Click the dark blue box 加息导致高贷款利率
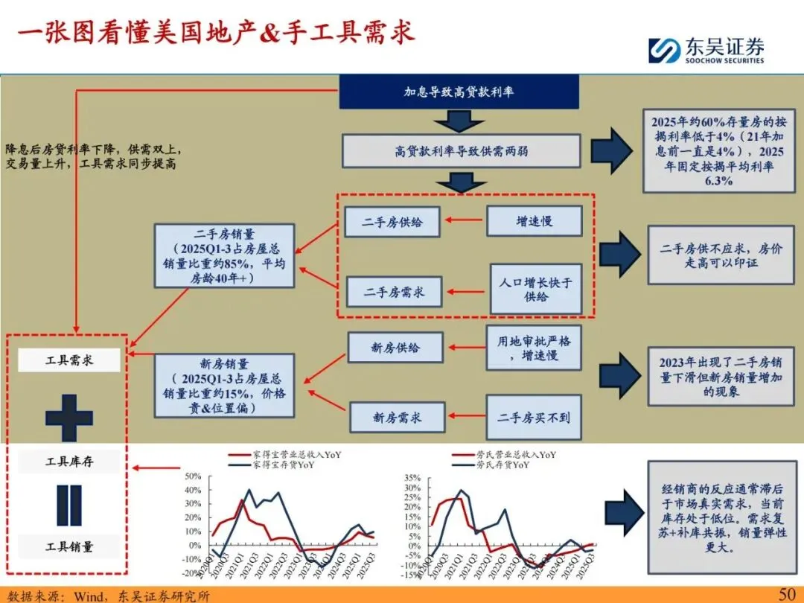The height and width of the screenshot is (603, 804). pyautogui.click(x=459, y=92)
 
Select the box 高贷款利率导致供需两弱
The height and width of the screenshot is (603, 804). pyautogui.click(x=461, y=151)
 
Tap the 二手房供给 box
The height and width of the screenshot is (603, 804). pyautogui.click(x=392, y=221)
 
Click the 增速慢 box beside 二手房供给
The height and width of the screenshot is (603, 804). pyautogui.click(x=535, y=221)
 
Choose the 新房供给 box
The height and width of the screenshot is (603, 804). pyautogui.click(x=395, y=348)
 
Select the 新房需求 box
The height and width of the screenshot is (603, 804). pyautogui.click(x=397, y=418)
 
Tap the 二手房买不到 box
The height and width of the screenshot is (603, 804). pyautogui.click(x=534, y=418)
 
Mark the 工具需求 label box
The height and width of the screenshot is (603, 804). pyautogui.click(x=68, y=361)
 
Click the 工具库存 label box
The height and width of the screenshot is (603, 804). pyautogui.click(x=68, y=462)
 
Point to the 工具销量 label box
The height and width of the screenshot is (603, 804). pyautogui.click(x=68, y=547)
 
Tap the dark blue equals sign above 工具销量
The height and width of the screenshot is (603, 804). pyautogui.click(x=68, y=505)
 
